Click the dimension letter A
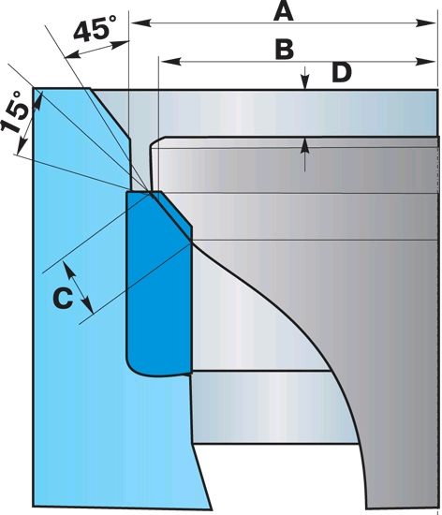(x=284, y=12)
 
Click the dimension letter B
(x=285, y=50)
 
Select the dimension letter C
(x=63, y=298)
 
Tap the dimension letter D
(x=342, y=73)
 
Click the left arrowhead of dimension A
(x=141, y=23)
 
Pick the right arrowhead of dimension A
(x=426, y=23)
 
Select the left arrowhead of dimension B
(x=171, y=61)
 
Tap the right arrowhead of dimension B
(x=426, y=61)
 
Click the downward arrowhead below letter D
(x=305, y=81)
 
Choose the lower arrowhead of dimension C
(x=87, y=305)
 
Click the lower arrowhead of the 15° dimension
(x=22, y=145)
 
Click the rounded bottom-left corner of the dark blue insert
(x=132, y=369)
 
